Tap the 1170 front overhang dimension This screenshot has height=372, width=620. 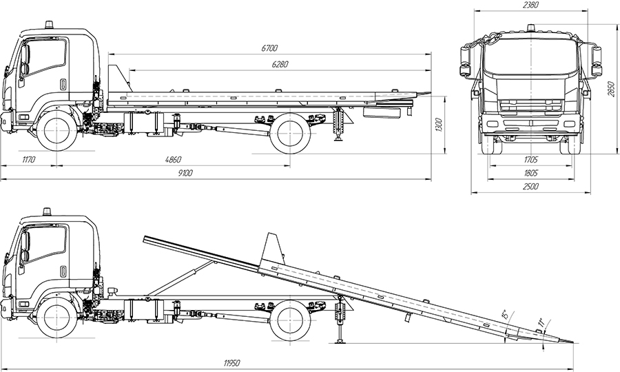(x=28, y=160)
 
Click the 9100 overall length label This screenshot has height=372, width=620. (x=184, y=173)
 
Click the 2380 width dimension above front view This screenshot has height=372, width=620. (x=530, y=5)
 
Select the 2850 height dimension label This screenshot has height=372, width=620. (x=610, y=89)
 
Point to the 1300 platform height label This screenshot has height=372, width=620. (x=440, y=125)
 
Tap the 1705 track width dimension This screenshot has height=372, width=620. (x=530, y=160)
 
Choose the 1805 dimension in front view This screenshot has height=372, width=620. (x=530, y=173)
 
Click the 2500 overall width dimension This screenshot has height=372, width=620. (x=530, y=186)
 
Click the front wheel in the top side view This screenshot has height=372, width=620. (x=56, y=132)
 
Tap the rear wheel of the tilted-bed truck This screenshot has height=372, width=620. (x=289, y=322)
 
